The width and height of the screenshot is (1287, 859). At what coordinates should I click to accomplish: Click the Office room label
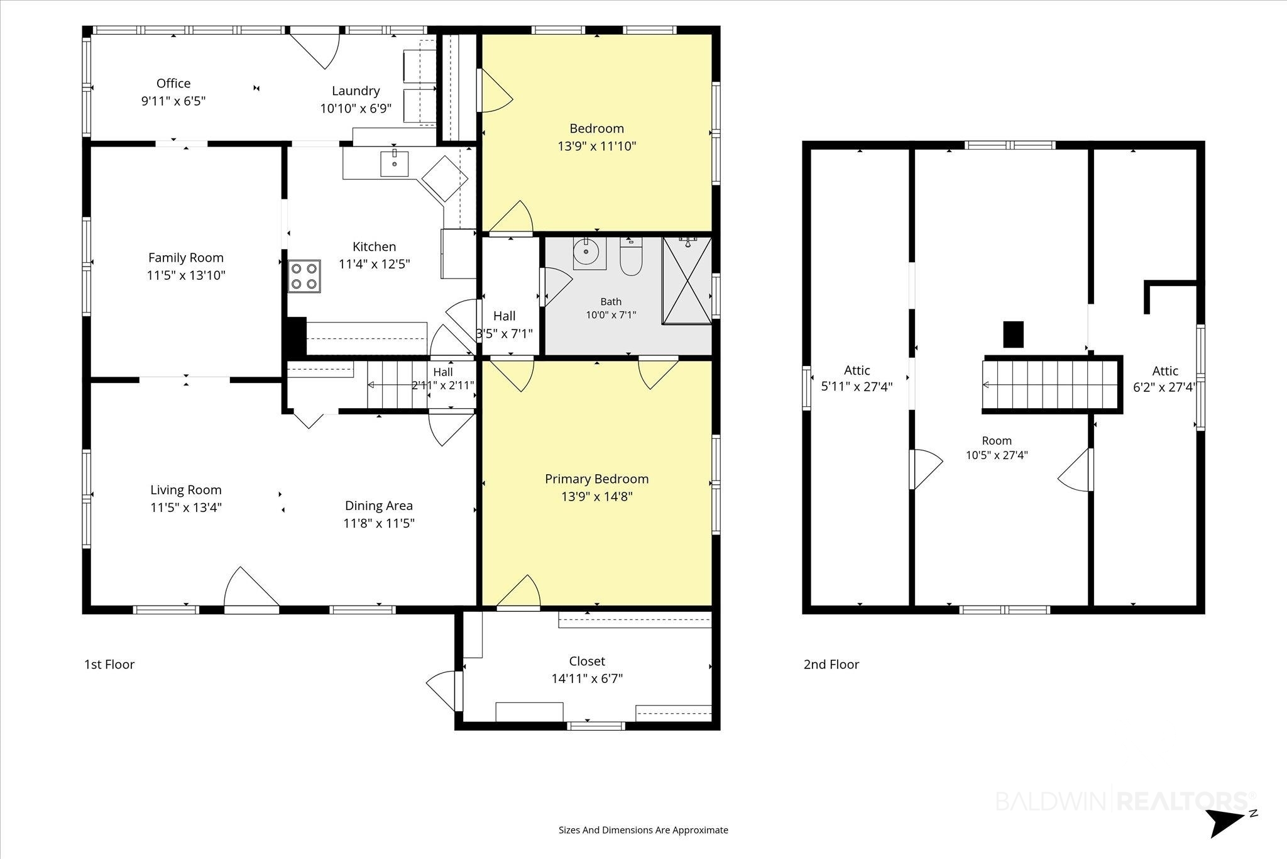173,84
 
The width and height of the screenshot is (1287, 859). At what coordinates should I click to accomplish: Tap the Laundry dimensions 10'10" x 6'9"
356,108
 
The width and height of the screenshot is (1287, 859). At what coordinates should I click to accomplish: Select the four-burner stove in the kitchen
304,276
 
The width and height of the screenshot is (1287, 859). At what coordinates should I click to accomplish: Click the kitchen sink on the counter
395,163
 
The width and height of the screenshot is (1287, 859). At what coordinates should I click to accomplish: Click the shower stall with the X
687,280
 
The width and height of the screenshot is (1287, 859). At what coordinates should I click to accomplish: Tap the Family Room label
186,257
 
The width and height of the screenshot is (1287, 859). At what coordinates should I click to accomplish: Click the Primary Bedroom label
596,479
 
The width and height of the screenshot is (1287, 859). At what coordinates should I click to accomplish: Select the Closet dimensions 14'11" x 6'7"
587,679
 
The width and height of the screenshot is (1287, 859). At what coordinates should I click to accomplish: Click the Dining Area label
379,506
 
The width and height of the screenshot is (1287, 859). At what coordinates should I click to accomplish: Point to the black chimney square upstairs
1013,335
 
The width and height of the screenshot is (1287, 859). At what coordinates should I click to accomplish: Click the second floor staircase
1052,385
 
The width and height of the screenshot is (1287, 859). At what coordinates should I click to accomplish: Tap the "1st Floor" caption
109,664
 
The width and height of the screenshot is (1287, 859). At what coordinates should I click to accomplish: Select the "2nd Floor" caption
831,664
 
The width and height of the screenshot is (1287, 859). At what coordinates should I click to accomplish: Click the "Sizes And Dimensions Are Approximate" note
643,830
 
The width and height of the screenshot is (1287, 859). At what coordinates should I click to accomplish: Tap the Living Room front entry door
251,589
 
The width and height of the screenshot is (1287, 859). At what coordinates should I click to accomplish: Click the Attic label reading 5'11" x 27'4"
857,379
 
